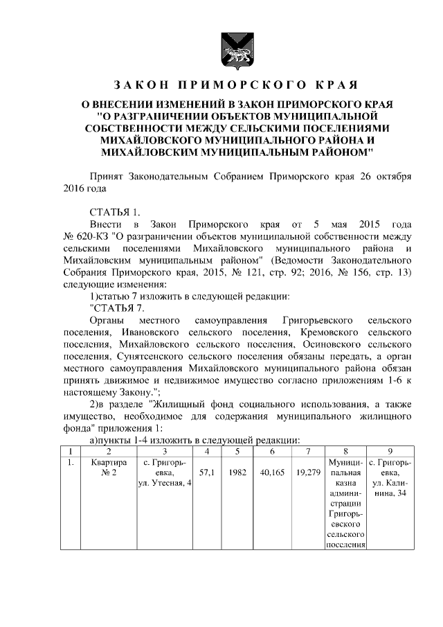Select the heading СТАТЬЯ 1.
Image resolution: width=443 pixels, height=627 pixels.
pyautogui.click(x=116, y=212)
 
